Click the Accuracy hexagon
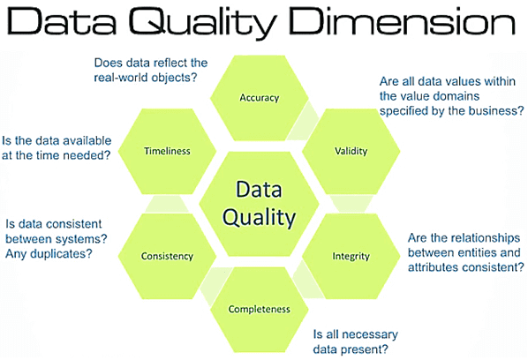coord(260,97)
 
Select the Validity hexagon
coord(350,151)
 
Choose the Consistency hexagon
coord(167,257)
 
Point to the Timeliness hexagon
coord(168,151)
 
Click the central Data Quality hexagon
coord(259,203)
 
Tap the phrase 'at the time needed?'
coord(56,155)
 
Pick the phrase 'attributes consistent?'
coord(466,267)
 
